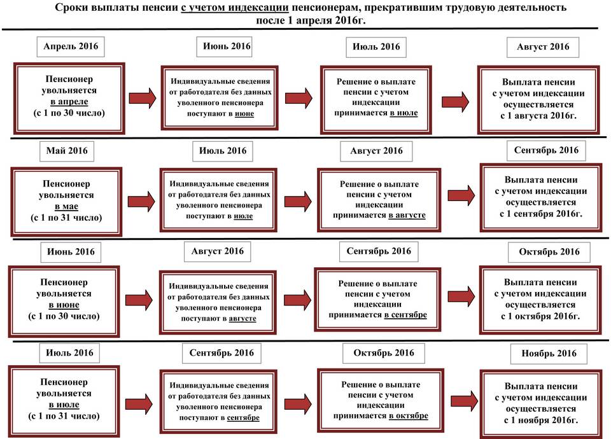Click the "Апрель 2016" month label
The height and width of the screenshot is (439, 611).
point(71,46)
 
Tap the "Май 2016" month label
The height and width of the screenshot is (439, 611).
point(67,151)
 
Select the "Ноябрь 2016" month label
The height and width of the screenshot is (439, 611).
point(548,353)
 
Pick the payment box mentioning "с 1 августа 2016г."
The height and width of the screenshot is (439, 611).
point(538,98)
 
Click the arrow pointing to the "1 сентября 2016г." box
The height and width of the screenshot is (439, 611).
point(462,195)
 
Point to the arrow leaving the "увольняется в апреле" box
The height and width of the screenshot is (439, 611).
point(143,97)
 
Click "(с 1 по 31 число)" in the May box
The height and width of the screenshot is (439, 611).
point(66,218)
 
